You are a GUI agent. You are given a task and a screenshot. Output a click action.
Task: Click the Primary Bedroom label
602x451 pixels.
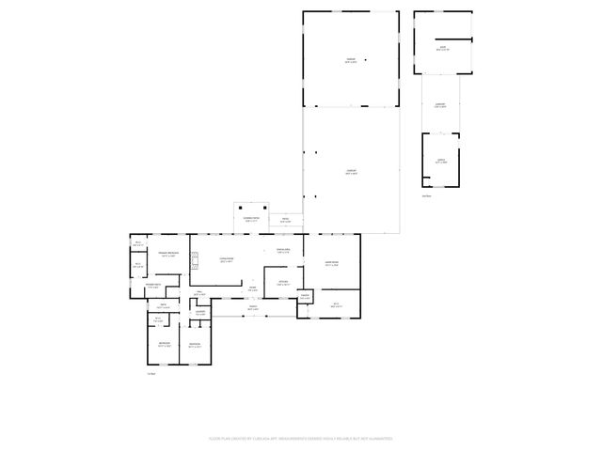click(x=167, y=255)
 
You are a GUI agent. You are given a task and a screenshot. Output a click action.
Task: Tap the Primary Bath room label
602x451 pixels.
click(x=153, y=287)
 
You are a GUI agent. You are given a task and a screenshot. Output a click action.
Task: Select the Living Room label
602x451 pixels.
click(x=227, y=260)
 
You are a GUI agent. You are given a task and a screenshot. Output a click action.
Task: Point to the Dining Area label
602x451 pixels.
click(x=282, y=251)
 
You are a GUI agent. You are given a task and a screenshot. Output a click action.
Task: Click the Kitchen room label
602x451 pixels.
click(x=282, y=282)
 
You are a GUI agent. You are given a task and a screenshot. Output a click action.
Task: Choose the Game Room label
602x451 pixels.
click(x=331, y=264)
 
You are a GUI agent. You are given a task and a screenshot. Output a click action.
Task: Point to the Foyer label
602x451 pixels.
click(x=252, y=290)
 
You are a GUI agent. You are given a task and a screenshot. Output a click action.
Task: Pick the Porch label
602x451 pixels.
click(x=252, y=309)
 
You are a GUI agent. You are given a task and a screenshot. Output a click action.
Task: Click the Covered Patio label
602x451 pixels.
click(x=251, y=221)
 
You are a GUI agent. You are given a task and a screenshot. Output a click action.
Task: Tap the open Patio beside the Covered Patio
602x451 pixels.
click(x=285, y=222)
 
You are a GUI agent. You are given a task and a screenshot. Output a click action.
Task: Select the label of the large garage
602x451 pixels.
click(x=350, y=61)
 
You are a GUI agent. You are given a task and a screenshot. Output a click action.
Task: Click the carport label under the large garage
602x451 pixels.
click(x=350, y=173)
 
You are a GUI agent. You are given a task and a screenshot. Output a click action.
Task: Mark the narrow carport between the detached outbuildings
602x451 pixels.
click(x=439, y=105)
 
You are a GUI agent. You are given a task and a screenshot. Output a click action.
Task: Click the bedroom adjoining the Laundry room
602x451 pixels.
click(x=195, y=345)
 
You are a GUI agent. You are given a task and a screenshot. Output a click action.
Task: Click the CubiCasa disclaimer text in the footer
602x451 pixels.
click(x=300, y=438)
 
